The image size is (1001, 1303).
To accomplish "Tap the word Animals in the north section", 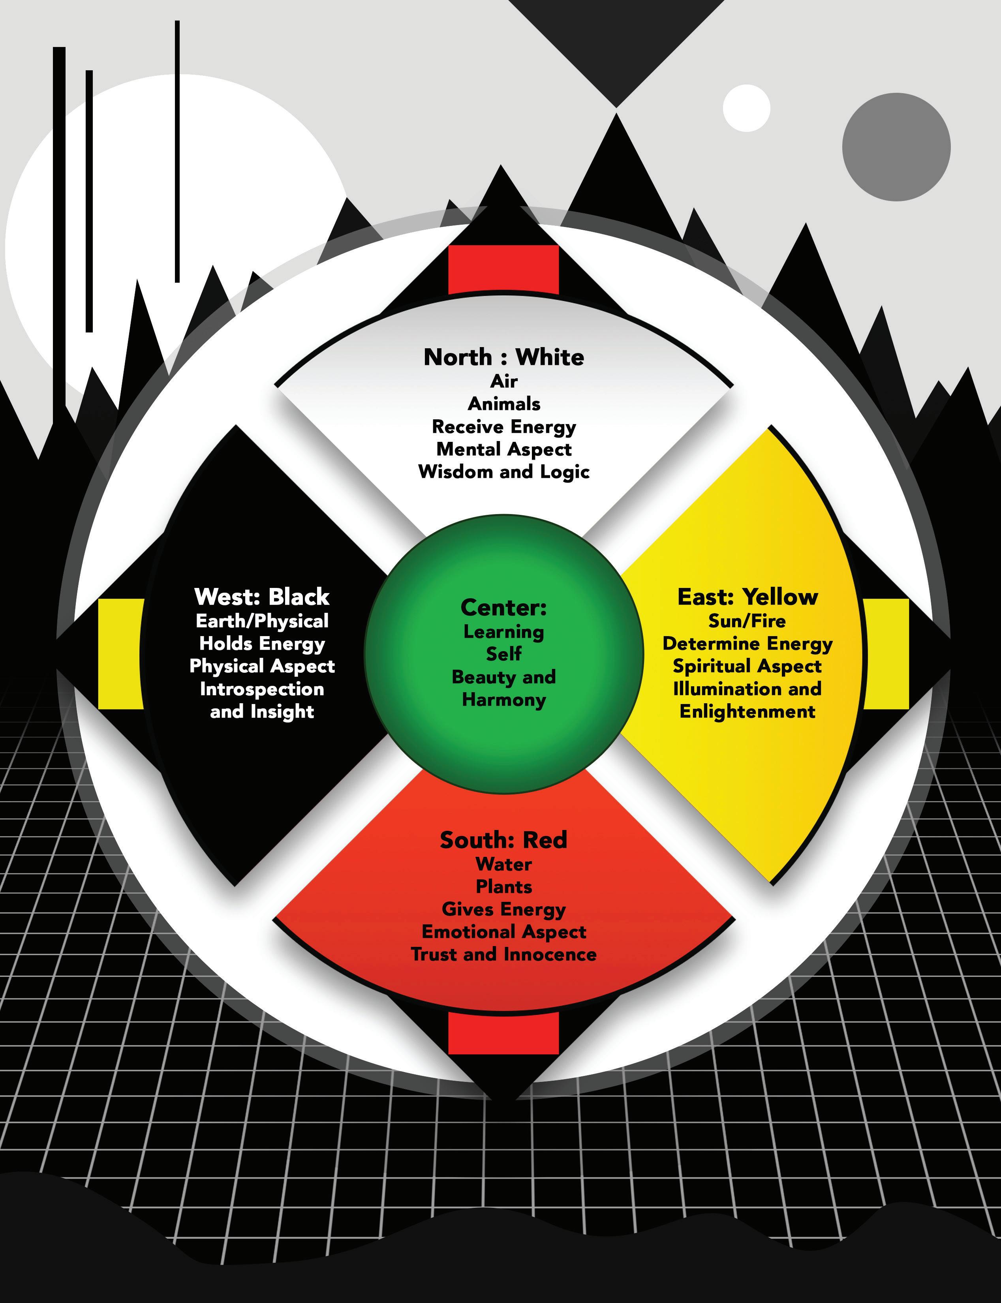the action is (504, 404).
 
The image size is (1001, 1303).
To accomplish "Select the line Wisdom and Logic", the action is (504, 472).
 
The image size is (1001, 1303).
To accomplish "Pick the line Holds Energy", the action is (262, 644).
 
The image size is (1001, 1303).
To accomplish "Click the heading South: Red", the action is (503, 840).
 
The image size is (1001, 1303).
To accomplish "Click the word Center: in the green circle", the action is (503, 608).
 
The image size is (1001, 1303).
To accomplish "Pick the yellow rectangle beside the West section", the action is (121, 653).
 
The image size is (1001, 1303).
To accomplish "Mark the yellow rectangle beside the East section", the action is (886, 653).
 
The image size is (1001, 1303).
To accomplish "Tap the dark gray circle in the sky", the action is (896, 146).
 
